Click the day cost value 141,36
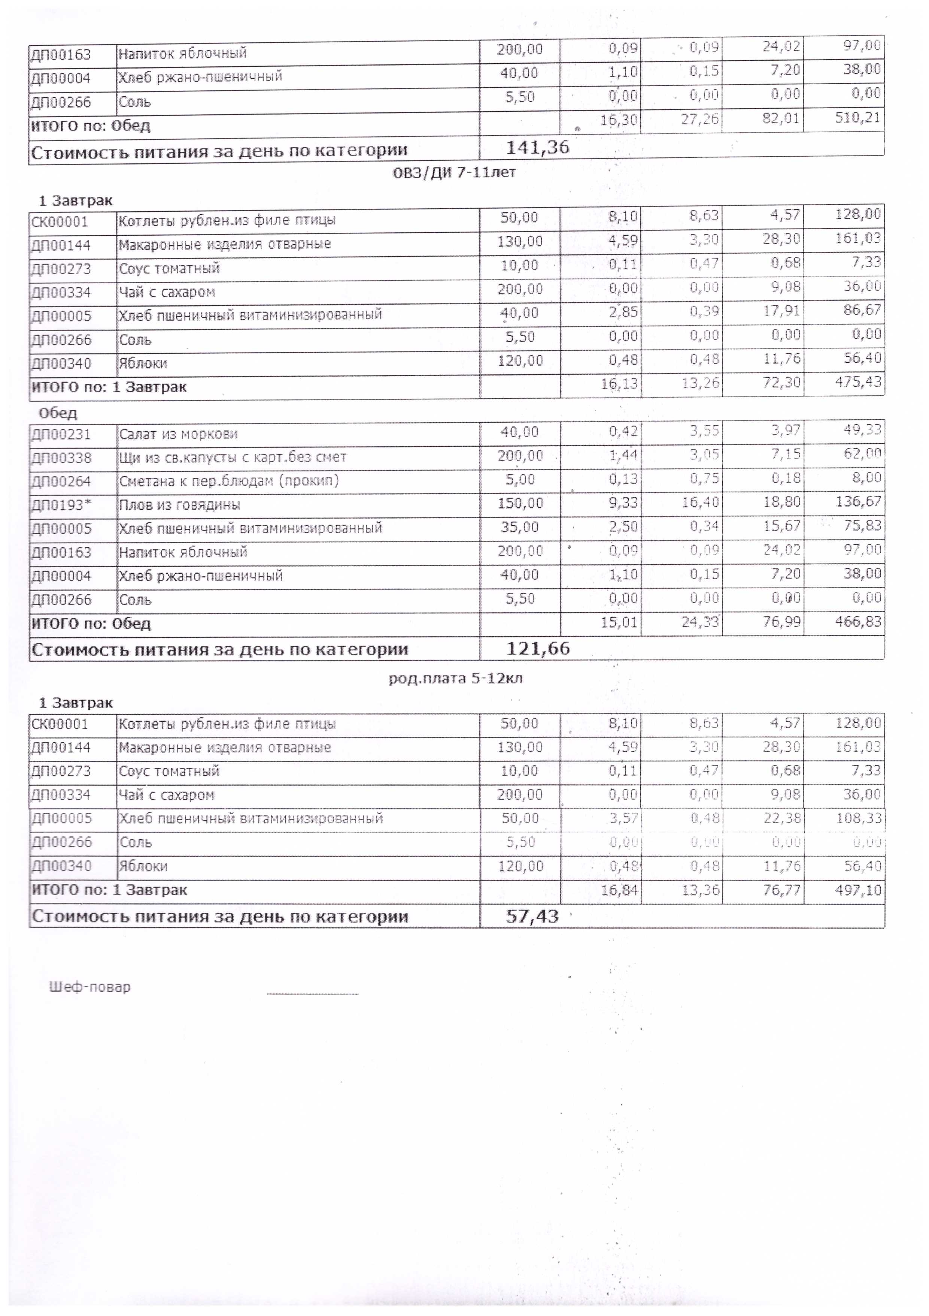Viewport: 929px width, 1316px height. pos(537,148)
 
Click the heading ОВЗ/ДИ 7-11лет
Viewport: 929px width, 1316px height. pos(454,172)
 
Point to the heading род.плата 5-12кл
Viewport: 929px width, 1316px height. pos(455,679)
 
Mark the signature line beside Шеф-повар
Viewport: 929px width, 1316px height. pos(312,993)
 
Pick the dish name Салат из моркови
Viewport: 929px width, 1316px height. pos(178,434)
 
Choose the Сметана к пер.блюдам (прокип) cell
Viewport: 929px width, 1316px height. pos(228,481)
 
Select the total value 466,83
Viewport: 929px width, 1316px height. pos(862,622)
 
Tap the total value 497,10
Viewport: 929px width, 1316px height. pos(862,890)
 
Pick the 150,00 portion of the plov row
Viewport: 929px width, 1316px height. pos(519,503)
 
